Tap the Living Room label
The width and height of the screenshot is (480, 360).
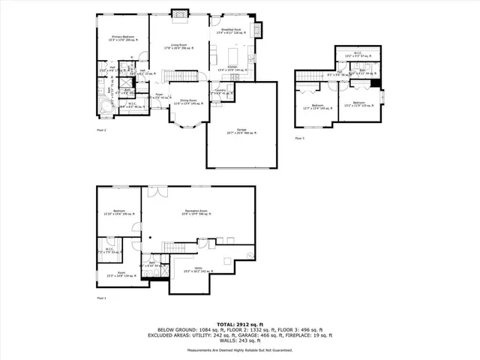point(178,45)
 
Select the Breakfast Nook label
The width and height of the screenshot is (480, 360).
point(230,31)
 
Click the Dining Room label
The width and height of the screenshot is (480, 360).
point(187,102)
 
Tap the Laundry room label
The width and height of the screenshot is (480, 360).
point(220,91)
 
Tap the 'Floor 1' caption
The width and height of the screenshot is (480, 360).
point(101,298)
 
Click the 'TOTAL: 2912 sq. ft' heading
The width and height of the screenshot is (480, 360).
point(240,323)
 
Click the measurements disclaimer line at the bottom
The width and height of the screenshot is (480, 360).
point(240,350)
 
